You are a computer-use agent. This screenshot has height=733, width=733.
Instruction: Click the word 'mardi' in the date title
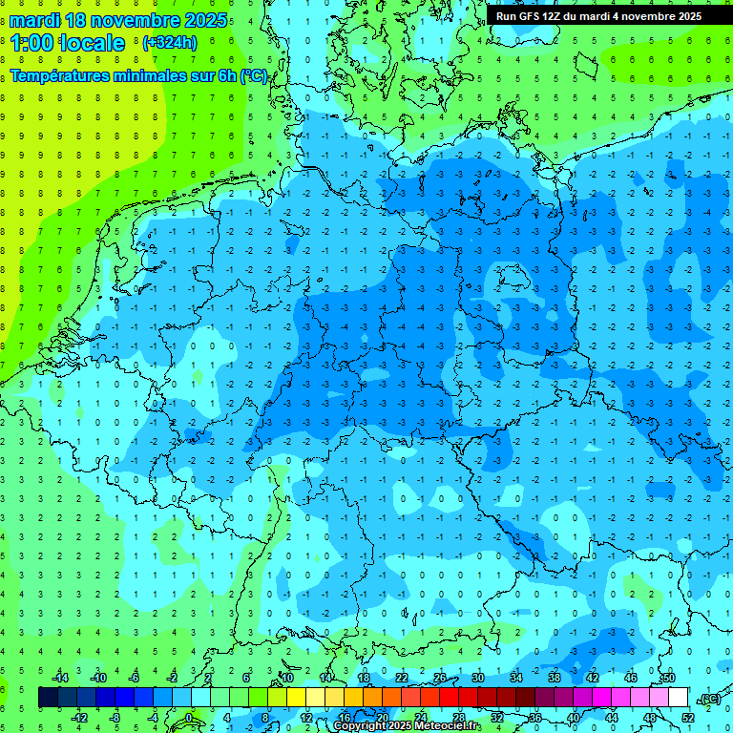(x=34, y=20)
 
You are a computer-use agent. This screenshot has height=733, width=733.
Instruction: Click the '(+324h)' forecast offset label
(x=170, y=43)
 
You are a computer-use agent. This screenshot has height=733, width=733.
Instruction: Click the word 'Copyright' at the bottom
(x=360, y=726)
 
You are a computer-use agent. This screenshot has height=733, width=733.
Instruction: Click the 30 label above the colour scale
(x=478, y=677)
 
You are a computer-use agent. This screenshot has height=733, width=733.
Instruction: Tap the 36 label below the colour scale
(x=535, y=718)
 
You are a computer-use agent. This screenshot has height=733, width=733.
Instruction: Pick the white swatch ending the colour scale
(x=678, y=698)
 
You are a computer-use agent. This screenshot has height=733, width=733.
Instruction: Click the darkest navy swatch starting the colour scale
(x=48, y=698)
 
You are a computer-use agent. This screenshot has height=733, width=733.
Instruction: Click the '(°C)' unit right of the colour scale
(x=708, y=699)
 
